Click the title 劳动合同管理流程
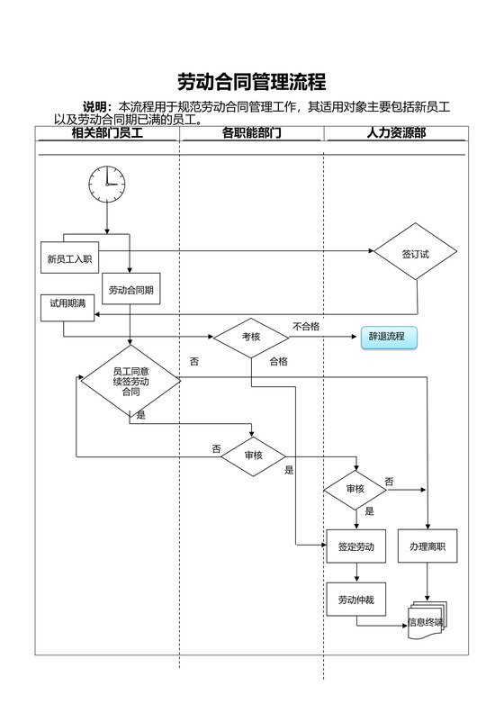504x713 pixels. click(251, 83)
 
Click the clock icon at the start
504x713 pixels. click(106, 184)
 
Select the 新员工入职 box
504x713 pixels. click(70, 259)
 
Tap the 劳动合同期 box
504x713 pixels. click(130, 290)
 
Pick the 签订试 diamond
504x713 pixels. click(416, 254)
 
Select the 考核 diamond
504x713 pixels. click(251, 337)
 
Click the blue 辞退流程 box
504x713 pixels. click(387, 338)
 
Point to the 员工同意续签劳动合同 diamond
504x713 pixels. click(130, 382)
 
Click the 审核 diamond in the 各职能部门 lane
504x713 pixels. click(253, 456)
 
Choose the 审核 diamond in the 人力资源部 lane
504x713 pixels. click(355, 489)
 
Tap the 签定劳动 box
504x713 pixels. click(355, 546)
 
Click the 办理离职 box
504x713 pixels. click(427, 546)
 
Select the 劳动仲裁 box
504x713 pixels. click(355, 600)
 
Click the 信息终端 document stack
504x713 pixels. click(427, 620)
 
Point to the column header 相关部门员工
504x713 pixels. click(107, 133)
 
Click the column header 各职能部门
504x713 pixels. click(251, 133)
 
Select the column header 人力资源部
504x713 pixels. click(396, 133)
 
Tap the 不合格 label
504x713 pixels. click(306, 326)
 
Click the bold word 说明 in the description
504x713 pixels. click(97, 107)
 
